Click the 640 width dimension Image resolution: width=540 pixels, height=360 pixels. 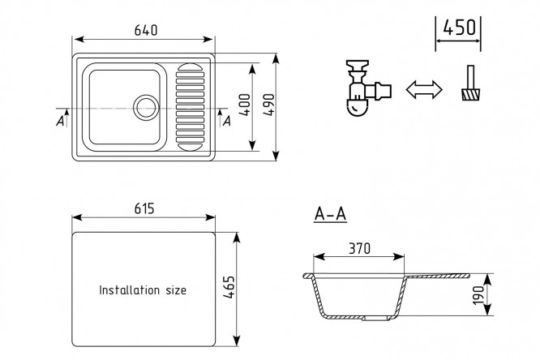(x=145, y=31)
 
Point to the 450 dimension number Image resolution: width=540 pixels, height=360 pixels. (x=459, y=28)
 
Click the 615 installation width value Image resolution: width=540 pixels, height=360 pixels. (x=144, y=208)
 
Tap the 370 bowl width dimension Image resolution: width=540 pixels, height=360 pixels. (x=358, y=247)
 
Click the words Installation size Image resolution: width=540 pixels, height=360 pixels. (x=143, y=289)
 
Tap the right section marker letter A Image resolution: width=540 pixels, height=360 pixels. (x=226, y=121)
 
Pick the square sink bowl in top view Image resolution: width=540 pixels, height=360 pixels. (x=122, y=105)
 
